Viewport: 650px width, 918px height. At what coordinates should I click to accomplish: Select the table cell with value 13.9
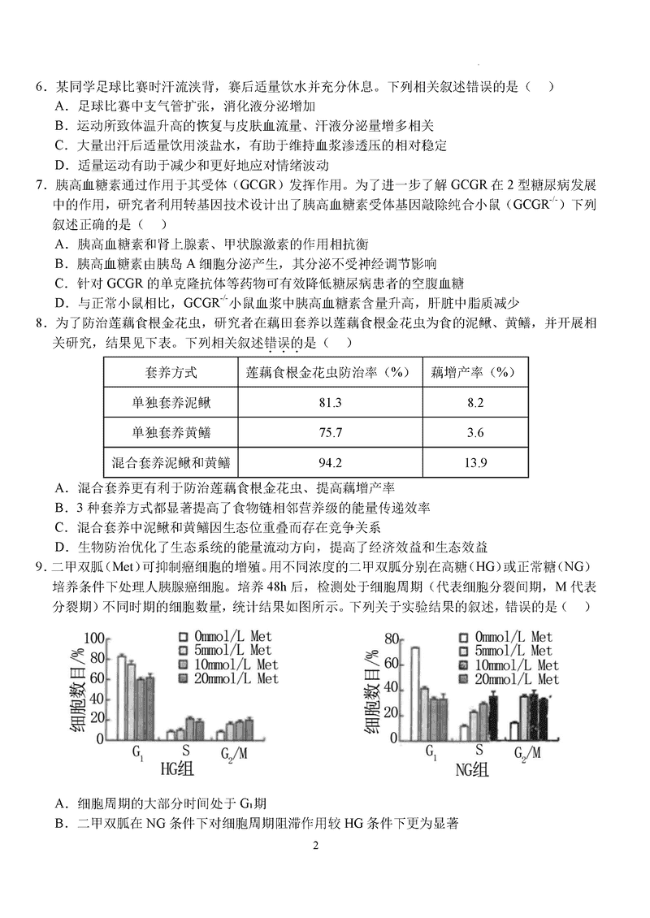click(x=476, y=463)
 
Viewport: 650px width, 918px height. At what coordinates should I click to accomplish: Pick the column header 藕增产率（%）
click(x=476, y=372)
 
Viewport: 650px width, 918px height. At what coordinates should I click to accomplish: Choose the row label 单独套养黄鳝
click(x=171, y=432)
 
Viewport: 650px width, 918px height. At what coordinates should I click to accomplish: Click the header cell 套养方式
click(x=171, y=372)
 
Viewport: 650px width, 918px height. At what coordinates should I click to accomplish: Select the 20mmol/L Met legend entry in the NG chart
click(x=517, y=679)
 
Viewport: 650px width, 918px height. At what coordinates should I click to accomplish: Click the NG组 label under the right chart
click(x=471, y=770)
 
